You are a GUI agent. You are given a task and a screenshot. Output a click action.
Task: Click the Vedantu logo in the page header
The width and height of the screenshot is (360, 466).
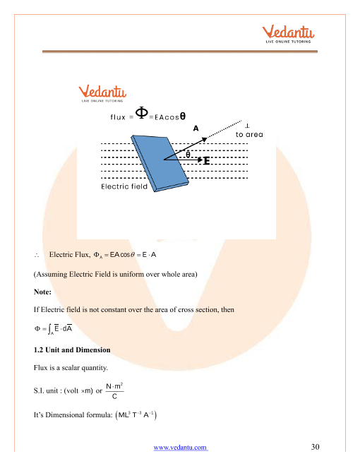[288, 35]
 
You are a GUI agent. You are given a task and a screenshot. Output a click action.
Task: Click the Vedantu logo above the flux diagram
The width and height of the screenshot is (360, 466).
[102, 94]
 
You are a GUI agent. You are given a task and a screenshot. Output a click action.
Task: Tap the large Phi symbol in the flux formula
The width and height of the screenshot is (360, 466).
[142, 113]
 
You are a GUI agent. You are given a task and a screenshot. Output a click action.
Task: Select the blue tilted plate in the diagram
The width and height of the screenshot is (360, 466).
[160, 163]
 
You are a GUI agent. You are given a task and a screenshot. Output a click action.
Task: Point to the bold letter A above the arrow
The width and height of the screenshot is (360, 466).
[196, 129]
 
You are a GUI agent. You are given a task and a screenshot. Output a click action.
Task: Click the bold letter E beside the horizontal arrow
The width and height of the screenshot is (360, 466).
[207, 161]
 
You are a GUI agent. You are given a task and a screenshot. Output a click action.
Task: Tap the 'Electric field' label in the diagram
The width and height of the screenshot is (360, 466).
[124, 186]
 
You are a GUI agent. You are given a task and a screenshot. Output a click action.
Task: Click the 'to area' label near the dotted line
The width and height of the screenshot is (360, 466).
[249, 135]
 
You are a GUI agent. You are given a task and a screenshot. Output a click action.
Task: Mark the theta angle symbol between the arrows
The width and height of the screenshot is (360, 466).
[188, 155]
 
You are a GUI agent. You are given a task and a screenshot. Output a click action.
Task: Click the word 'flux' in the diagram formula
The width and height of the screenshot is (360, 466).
[118, 117]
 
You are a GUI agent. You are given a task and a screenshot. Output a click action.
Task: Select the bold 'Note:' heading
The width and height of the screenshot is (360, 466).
[42, 292]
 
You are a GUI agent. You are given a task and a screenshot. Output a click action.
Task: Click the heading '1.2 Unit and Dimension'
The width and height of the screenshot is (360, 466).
[72, 349]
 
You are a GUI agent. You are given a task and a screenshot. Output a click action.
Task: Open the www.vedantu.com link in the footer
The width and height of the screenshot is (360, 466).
[181, 447]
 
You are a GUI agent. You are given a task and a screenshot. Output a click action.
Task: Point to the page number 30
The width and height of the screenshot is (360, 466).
[315, 447]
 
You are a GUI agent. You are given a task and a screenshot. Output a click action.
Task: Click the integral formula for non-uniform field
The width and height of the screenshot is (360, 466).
[53, 329]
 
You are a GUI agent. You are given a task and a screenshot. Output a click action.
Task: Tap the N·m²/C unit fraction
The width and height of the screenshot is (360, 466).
[114, 391]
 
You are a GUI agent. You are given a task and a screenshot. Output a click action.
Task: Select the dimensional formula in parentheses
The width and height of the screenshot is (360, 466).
[136, 415]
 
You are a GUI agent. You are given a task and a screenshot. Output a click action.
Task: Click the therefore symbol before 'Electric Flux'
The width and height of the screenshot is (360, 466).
[37, 255]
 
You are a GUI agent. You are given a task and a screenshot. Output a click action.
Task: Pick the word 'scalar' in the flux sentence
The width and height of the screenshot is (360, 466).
[71, 368]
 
